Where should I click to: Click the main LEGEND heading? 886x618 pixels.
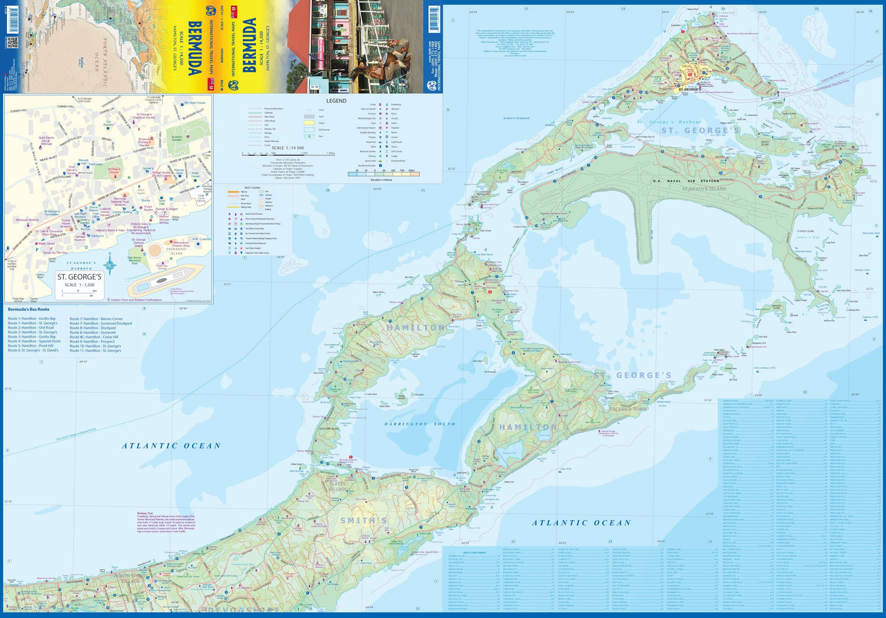(336, 101)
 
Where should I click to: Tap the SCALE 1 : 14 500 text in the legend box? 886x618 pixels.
(288, 148)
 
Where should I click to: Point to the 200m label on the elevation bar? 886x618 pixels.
(411, 171)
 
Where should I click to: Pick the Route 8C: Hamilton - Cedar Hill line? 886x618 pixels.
(94, 337)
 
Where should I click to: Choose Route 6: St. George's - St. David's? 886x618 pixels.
(33, 351)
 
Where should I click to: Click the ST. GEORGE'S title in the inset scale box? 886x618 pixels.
(79, 277)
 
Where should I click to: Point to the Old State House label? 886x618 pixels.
(194, 103)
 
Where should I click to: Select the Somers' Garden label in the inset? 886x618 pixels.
(177, 139)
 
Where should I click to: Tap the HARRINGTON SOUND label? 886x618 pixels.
(419, 424)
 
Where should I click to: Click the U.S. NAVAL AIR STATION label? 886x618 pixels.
(686, 181)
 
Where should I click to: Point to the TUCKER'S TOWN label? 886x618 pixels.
(629, 408)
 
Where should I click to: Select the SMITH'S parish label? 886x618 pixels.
(364, 520)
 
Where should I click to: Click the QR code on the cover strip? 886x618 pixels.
(12, 43)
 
